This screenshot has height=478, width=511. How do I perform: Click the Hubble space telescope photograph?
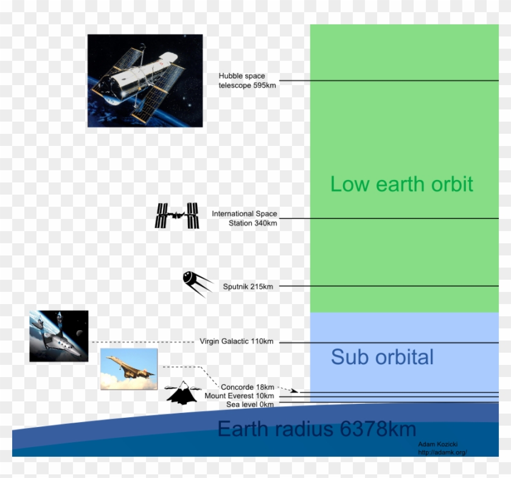(145, 80)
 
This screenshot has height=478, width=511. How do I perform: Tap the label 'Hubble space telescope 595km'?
(248, 80)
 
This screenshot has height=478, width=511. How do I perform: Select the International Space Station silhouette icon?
(177, 216)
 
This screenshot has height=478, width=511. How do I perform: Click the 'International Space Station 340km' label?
(245, 218)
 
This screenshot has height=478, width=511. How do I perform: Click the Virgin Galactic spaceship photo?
(59, 336)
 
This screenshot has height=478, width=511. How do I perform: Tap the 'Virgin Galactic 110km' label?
(236, 341)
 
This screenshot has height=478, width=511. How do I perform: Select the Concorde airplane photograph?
(129, 369)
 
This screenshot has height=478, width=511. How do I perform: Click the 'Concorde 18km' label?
(247, 387)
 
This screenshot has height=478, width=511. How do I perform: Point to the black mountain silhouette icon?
(180, 393)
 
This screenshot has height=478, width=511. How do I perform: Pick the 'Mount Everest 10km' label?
(239, 396)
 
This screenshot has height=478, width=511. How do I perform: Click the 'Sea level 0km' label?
(249, 404)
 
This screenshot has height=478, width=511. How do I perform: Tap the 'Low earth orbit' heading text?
(401, 184)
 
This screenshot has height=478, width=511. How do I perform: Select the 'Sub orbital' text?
(382, 357)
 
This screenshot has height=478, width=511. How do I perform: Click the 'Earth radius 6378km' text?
(316, 429)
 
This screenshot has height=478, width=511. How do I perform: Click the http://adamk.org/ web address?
(442, 452)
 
